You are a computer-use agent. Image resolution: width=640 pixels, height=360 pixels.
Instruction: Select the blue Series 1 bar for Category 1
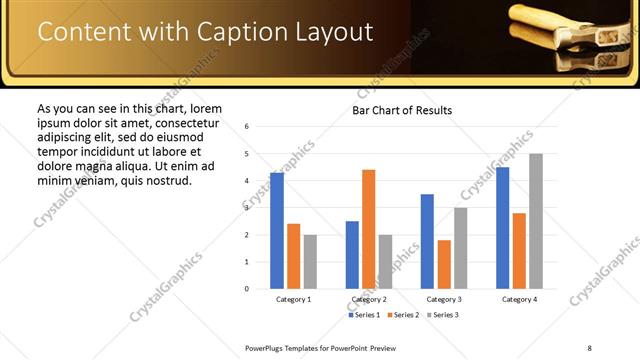click(277, 231)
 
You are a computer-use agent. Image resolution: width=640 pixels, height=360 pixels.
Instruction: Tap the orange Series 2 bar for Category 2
click(368, 229)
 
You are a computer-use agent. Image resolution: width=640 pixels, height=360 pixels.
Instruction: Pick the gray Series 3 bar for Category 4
click(536, 221)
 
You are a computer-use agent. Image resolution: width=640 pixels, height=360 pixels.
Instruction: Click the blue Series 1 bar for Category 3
click(427, 241)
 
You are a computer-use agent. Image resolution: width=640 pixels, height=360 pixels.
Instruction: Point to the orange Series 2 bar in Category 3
click(444, 264)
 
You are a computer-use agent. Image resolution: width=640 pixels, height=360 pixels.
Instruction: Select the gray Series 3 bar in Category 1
click(311, 261)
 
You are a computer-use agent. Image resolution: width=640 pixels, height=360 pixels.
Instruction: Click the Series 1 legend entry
click(365, 315)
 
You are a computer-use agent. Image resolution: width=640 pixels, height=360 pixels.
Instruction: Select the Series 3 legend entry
click(444, 315)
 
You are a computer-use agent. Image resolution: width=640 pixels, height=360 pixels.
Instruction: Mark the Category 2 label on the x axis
click(368, 300)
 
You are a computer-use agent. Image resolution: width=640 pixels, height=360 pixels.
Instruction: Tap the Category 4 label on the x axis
click(519, 300)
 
